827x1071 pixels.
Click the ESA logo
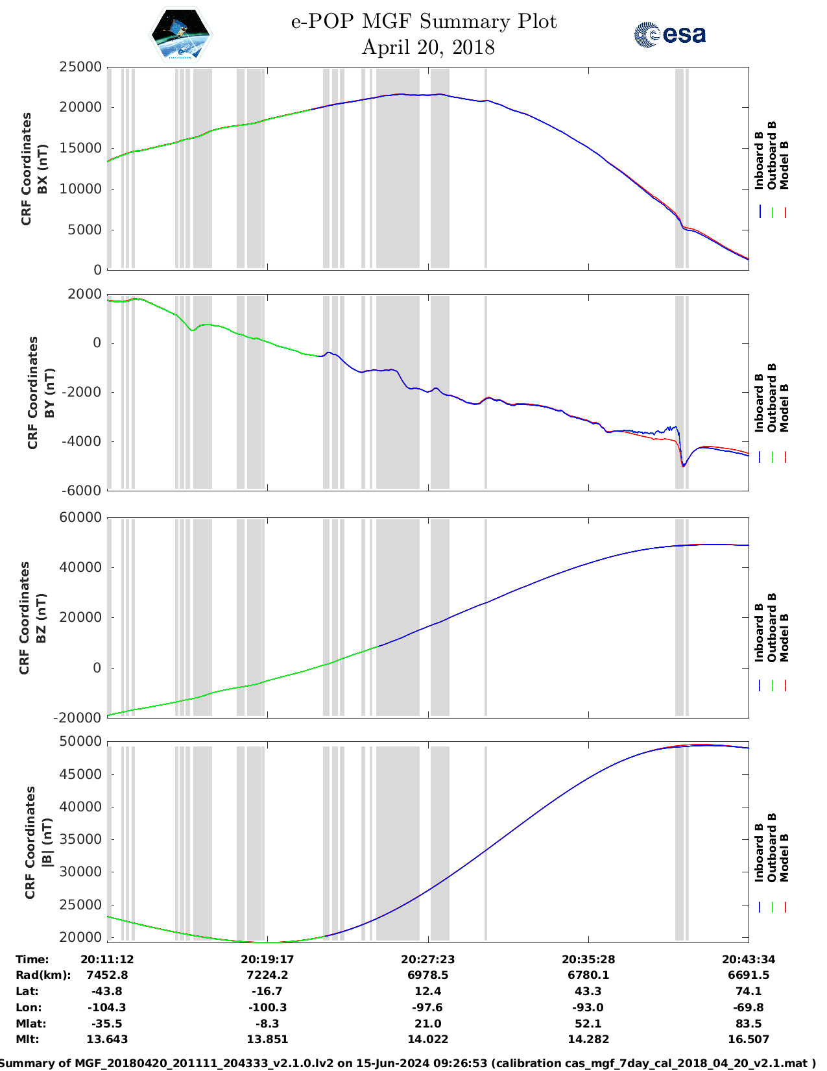(x=669, y=34)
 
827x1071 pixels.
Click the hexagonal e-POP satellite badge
(x=180, y=34)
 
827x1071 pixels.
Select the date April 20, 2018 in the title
(x=427, y=47)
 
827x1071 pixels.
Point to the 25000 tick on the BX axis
(x=80, y=67)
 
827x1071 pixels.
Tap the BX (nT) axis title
(x=43, y=169)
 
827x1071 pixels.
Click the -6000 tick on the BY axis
(x=80, y=491)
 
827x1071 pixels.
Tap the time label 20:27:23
(x=427, y=959)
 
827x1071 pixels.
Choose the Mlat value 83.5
(x=749, y=1024)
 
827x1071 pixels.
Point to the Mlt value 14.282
(x=588, y=1039)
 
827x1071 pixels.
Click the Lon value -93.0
(x=588, y=1007)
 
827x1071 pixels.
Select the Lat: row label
(x=27, y=991)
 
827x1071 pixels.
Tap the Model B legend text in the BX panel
(x=784, y=165)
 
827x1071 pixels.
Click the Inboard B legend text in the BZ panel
(x=759, y=633)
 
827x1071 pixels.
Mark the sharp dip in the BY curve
(x=683, y=465)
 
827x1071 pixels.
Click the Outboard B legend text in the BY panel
(x=772, y=397)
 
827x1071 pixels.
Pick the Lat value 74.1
(x=749, y=991)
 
